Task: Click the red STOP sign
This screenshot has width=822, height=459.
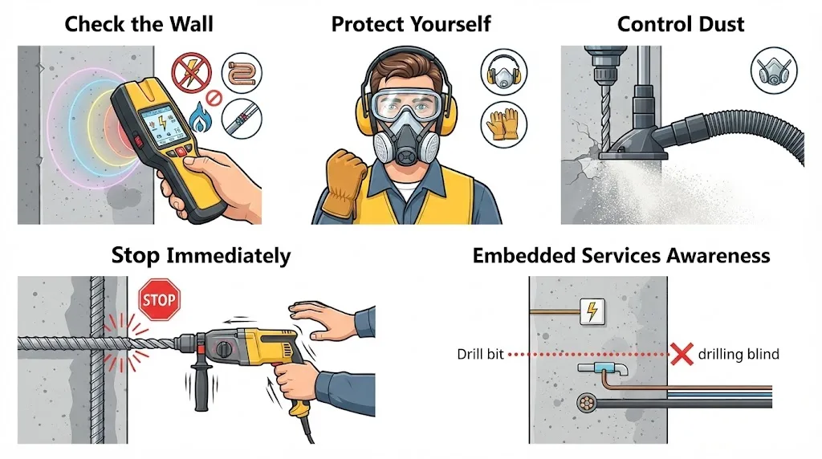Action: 160,299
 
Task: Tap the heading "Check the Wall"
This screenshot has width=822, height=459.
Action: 139,24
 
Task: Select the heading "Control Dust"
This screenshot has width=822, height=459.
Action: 681,24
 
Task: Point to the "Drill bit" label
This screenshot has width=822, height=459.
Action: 480,354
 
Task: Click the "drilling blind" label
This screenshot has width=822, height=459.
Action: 739,354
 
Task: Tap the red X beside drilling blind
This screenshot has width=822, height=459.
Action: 682,354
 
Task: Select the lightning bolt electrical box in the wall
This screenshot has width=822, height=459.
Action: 592,311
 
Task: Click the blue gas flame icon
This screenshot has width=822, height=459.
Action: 199,117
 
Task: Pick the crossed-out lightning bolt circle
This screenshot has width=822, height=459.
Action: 191,73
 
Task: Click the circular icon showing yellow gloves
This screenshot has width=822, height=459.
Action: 504,124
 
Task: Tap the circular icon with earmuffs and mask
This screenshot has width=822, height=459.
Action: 504,71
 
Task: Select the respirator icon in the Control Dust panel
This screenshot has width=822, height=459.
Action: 774,70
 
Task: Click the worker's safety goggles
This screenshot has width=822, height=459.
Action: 407,106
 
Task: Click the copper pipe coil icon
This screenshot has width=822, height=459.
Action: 242,73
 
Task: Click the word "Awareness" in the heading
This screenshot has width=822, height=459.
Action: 718,256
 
